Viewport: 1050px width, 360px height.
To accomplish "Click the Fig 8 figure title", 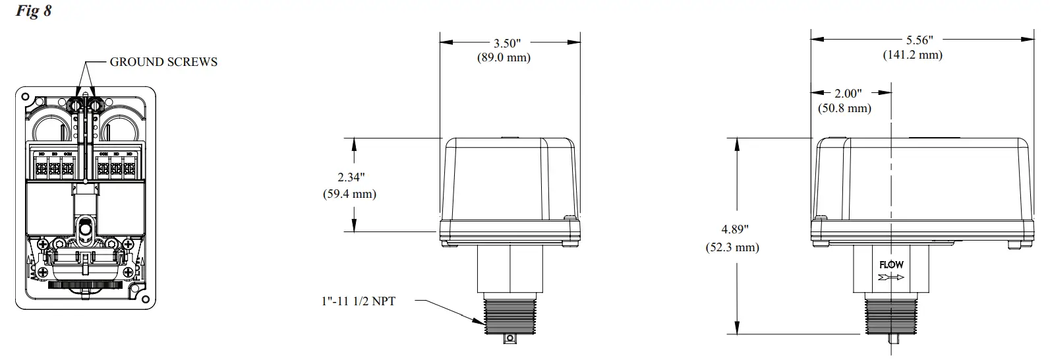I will click(33, 11).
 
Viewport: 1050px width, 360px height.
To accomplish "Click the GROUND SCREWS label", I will click(163, 62).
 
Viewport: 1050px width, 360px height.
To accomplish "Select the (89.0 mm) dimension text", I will click(504, 57).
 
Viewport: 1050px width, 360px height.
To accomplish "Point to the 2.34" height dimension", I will click(351, 177).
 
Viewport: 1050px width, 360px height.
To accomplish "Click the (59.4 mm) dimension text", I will click(349, 194).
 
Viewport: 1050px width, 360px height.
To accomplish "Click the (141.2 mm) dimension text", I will click(912, 55).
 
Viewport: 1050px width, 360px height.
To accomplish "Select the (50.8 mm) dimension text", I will click(844, 108).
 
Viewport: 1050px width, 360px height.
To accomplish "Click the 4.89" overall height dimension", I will click(735, 230).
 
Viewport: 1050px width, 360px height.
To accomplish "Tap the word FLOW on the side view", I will click(891, 264).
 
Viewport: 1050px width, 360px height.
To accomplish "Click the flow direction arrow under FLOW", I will click(891, 277).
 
